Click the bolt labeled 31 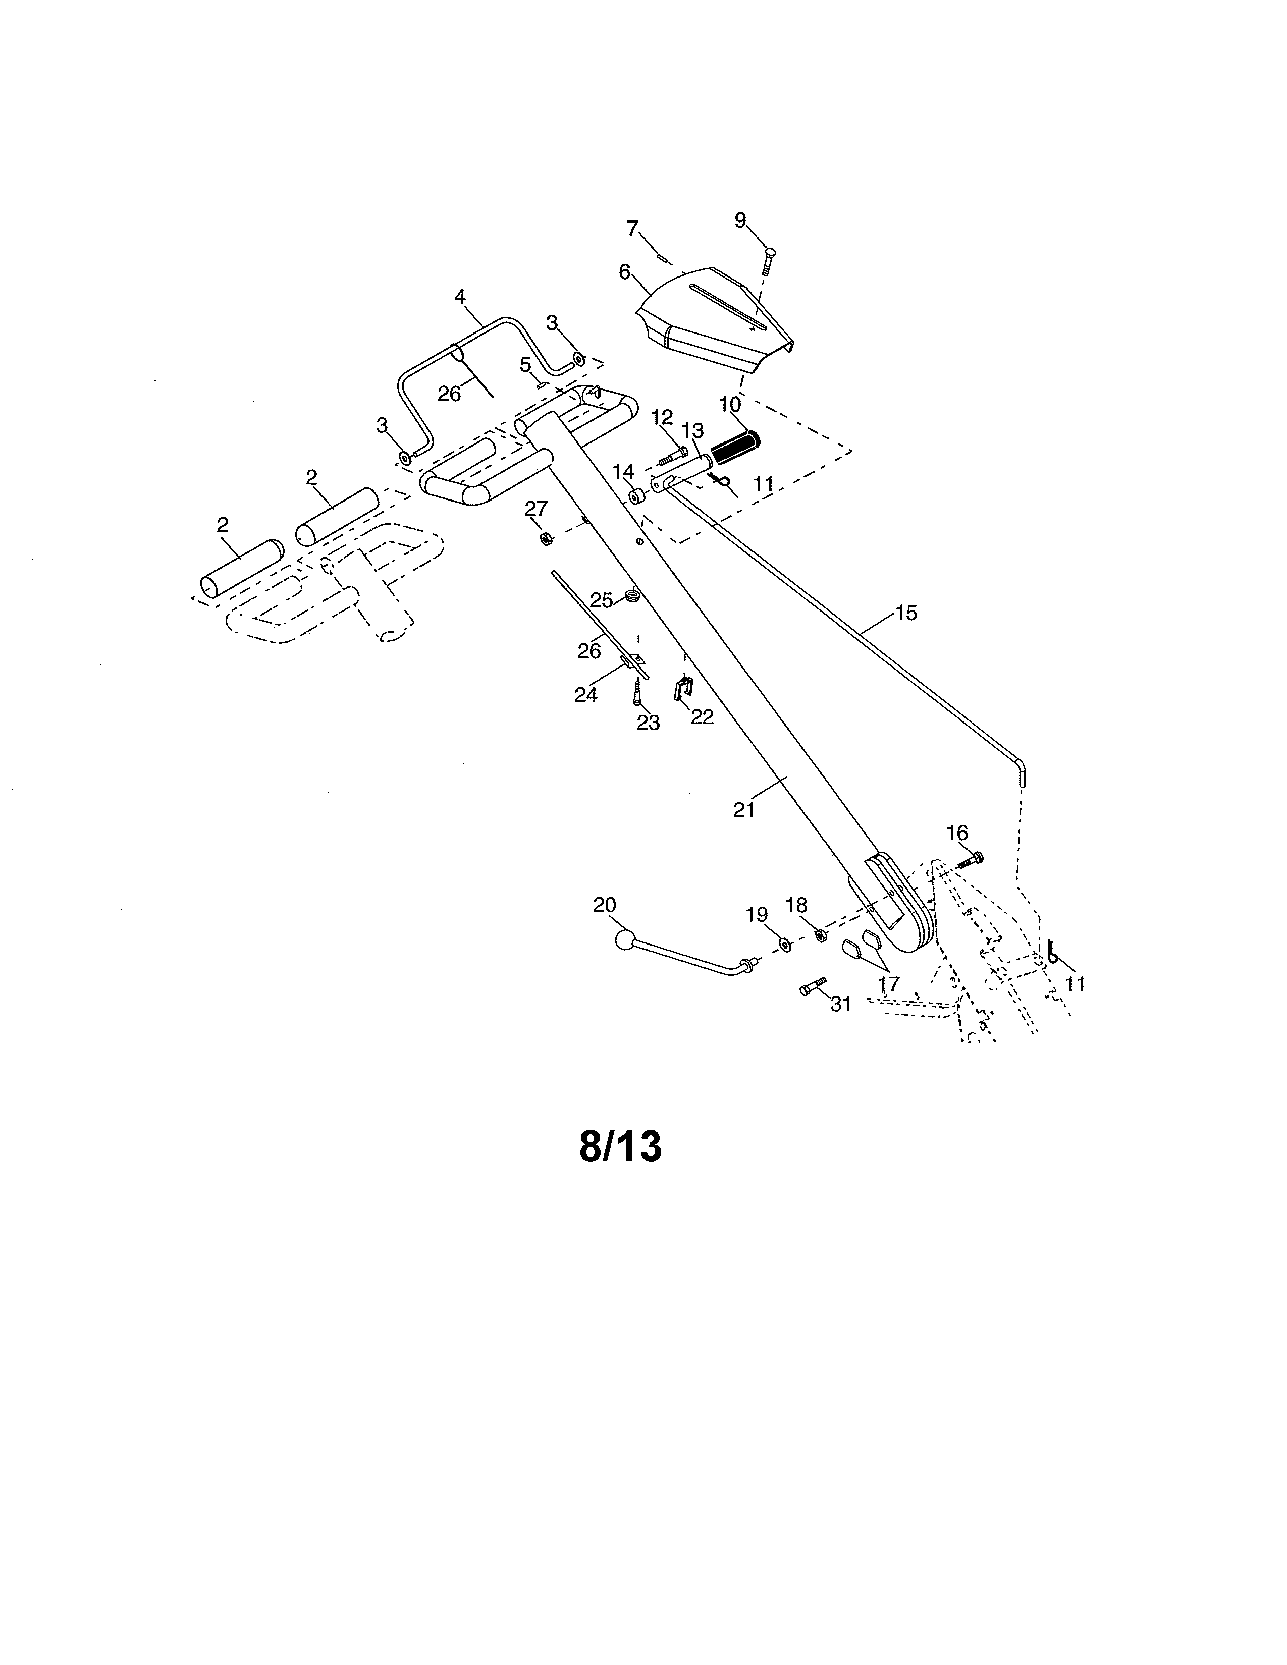click(814, 986)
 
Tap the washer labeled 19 click(784, 946)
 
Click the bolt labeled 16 click(969, 860)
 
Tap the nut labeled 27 click(546, 539)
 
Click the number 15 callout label click(906, 613)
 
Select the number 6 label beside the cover click(624, 272)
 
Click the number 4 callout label click(460, 297)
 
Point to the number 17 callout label click(889, 984)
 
